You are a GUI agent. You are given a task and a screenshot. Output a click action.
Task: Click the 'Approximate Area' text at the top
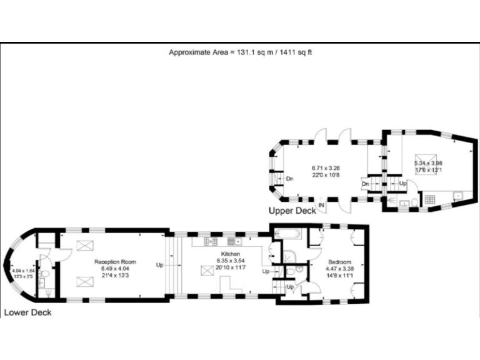(240, 52)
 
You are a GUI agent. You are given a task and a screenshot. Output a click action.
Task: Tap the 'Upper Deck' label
(292, 211)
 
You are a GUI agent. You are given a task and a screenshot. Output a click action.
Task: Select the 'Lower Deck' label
(27, 312)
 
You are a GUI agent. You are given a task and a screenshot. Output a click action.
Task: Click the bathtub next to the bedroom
(287, 236)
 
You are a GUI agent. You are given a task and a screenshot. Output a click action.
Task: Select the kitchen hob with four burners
(232, 240)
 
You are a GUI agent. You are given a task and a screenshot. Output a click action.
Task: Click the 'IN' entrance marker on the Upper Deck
(321, 205)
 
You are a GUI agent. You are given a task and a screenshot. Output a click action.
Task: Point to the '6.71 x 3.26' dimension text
(326, 167)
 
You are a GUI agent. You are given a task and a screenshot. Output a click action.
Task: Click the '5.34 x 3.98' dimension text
(427, 163)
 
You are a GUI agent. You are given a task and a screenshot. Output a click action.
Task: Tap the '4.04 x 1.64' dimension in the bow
(22, 270)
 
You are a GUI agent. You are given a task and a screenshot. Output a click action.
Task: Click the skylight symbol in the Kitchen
(206, 271)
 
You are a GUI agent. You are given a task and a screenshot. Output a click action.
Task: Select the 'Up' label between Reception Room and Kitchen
(160, 266)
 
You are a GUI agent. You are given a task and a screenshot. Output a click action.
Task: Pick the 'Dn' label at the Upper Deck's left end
(289, 179)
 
